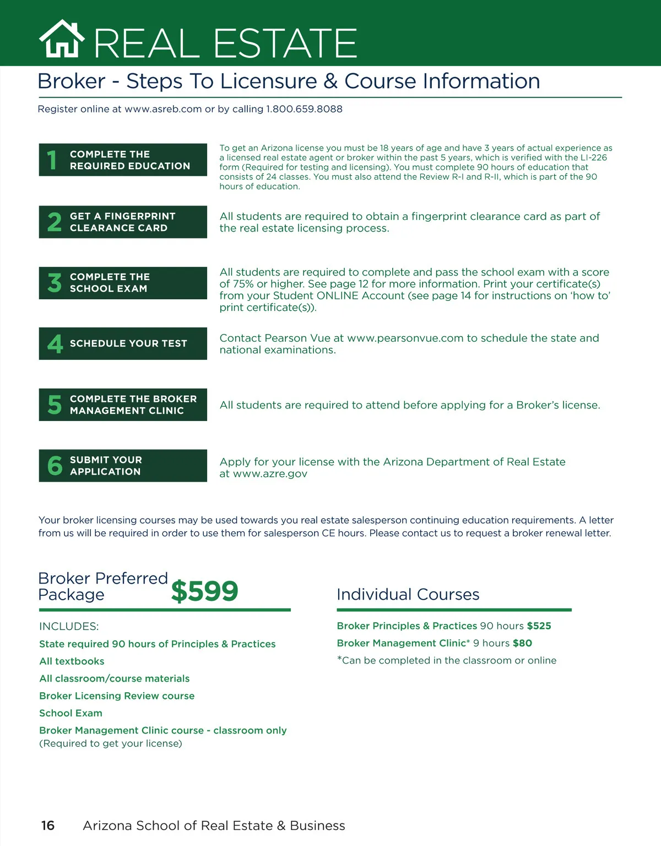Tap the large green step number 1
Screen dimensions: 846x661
pyautogui.click(x=52, y=160)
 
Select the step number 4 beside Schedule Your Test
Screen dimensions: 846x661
pyautogui.click(x=55, y=343)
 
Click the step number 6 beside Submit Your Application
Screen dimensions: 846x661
pyautogui.click(x=55, y=466)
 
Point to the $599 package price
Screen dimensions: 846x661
pyautogui.click(x=204, y=591)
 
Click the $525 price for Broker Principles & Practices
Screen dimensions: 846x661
pyautogui.click(x=539, y=626)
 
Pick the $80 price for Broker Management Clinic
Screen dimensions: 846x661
pyautogui.click(x=522, y=643)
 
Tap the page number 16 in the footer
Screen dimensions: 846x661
pyautogui.click(x=48, y=825)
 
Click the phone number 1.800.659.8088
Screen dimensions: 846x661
pyautogui.click(x=304, y=109)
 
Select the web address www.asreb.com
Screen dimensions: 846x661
pyautogui.click(x=163, y=109)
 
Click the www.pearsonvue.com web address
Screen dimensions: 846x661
pyautogui.click(x=405, y=338)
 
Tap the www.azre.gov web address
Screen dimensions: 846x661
pyautogui.click(x=270, y=473)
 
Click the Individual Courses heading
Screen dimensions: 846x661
pyautogui.click(x=408, y=594)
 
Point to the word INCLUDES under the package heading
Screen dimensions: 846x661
pyautogui.click(x=69, y=626)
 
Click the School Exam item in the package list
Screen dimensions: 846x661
pyautogui.click(x=71, y=713)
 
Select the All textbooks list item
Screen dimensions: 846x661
pyautogui.click(x=72, y=661)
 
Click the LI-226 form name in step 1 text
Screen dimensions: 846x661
pyautogui.click(x=594, y=158)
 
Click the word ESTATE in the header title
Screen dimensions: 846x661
pyautogui.click(x=285, y=44)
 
